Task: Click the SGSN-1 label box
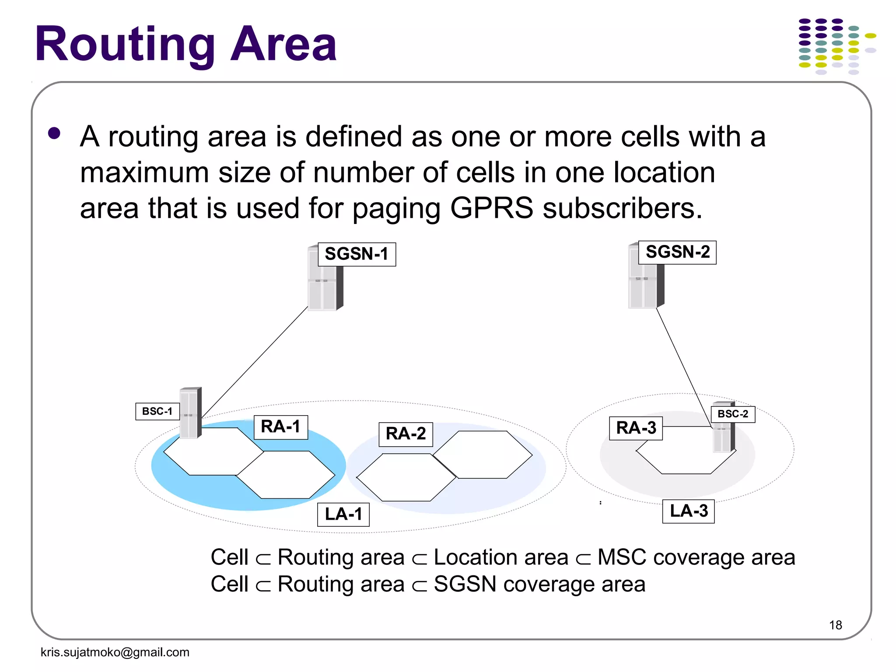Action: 357,254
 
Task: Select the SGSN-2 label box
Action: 677,252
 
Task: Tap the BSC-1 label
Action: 157,411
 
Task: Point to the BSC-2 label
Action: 733,414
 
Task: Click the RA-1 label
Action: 281,427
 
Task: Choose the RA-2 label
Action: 406,434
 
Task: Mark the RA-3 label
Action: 636,428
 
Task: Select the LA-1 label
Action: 343,514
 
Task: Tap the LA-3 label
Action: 689,511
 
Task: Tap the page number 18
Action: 835,625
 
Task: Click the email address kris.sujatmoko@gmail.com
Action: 115,652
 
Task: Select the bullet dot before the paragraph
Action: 54,133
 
